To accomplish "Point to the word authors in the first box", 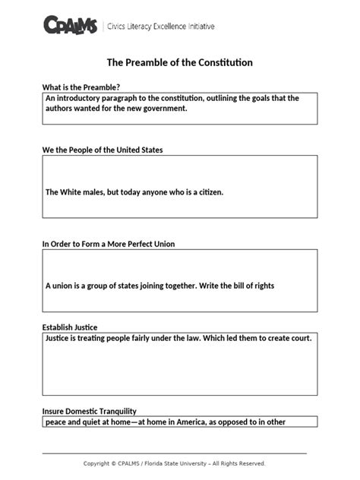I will pos(60,109).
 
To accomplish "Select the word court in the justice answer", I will pos(298,337).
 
